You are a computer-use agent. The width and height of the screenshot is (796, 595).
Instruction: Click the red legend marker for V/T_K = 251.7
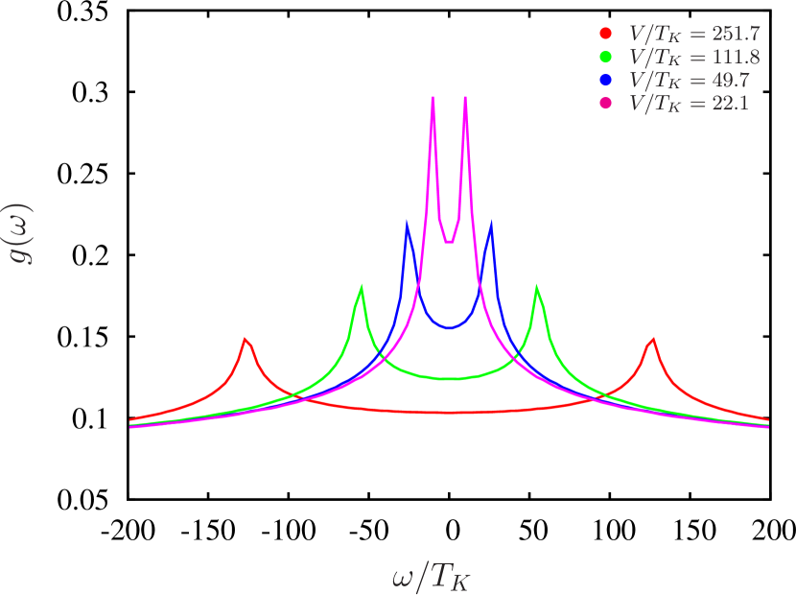605,33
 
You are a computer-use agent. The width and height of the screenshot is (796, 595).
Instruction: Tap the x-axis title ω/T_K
432,577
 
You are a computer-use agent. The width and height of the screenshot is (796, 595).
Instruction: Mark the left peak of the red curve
246,339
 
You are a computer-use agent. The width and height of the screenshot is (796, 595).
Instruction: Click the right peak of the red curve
653,339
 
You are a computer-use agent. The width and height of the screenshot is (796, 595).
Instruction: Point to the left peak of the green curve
362,287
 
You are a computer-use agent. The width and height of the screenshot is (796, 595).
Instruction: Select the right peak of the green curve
536,287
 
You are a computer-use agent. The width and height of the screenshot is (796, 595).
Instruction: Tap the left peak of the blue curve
408,225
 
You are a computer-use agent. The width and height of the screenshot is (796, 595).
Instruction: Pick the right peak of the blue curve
492,225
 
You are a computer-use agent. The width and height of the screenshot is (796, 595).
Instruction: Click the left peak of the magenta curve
433,97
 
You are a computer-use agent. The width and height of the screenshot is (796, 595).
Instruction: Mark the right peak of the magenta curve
465,97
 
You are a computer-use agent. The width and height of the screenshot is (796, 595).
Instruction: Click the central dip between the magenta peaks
449,242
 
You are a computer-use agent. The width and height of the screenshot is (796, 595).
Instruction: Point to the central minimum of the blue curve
449,328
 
